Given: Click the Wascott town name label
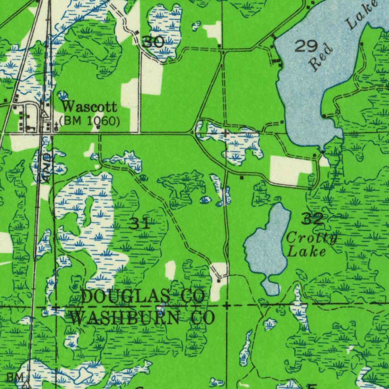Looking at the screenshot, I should (89, 107).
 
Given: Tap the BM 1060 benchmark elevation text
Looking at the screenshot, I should (90, 121).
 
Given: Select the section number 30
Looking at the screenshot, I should (153, 42).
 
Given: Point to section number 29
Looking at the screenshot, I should (306, 46).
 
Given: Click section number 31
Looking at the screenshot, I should (139, 224).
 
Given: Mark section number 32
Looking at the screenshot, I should (313, 218).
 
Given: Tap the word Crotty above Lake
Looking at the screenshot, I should (312, 239).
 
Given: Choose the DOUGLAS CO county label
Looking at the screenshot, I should (143, 296).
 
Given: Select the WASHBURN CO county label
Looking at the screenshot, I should (143, 318).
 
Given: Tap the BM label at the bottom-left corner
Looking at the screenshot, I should (15, 377).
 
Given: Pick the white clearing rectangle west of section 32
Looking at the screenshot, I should (289, 170).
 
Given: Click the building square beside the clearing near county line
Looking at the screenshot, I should (219, 280).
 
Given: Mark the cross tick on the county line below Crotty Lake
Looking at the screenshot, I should (226, 305).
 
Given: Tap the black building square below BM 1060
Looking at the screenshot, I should (98, 128).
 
